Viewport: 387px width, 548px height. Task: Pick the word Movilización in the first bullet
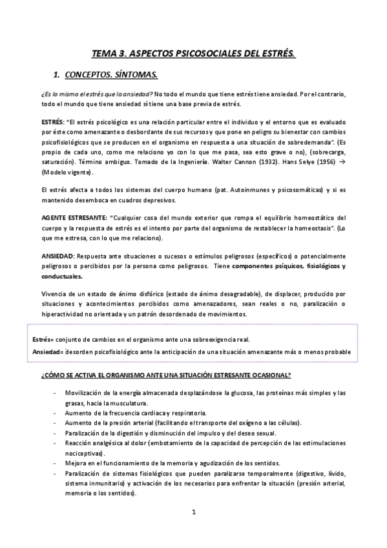click(x=85, y=393)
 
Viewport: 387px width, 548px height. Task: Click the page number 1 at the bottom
click(x=193, y=512)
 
